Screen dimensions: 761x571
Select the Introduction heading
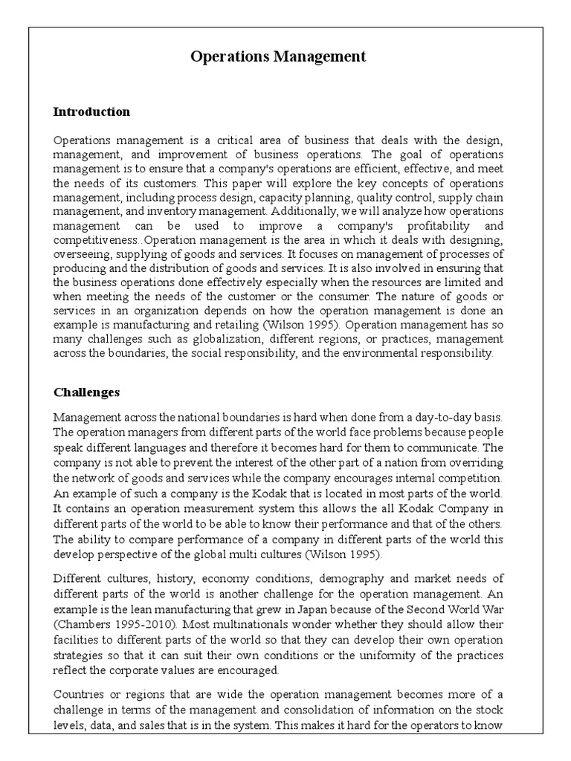[91, 112]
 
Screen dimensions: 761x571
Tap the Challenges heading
[86, 392]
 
